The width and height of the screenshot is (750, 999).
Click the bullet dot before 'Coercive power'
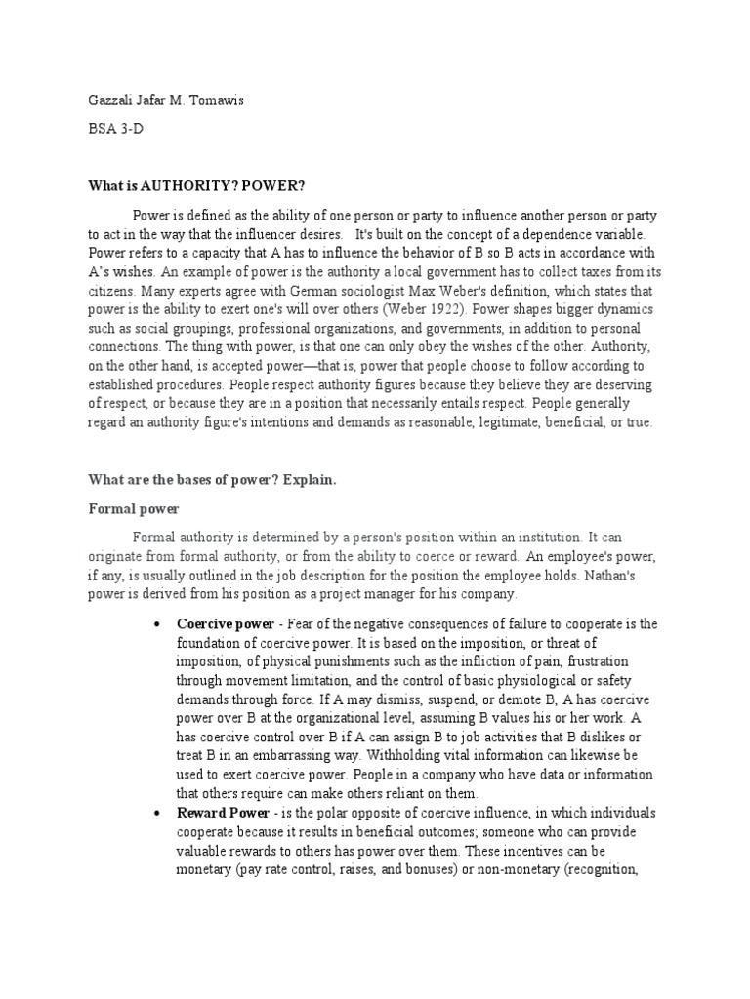pyautogui.click(x=156, y=624)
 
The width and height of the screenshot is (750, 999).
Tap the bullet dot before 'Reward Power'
pyautogui.click(x=156, y=814)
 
